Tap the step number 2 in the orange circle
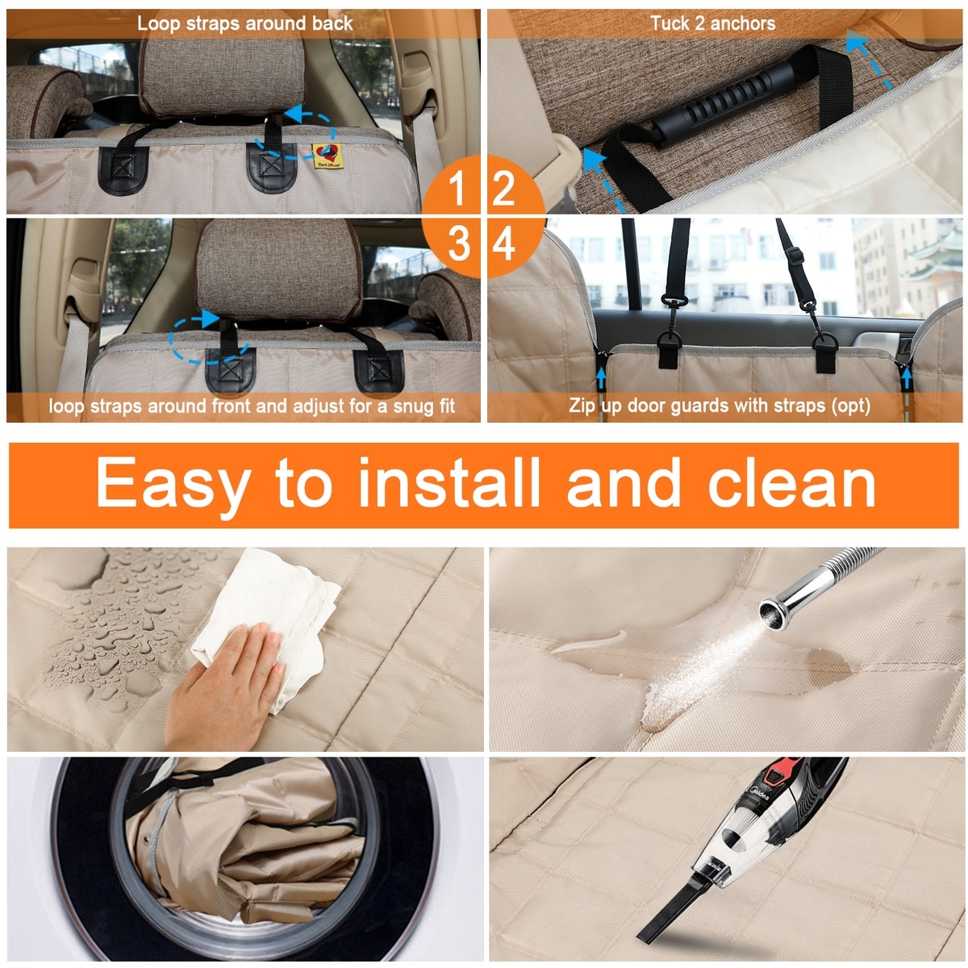(504, 188)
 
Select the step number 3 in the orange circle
(459, 244)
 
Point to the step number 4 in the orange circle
(504, 244)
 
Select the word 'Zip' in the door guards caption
(582, 406)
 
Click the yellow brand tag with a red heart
(328, 156)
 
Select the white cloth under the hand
(266, 620)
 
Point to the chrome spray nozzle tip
(774, 614)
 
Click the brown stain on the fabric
(829, 667)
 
